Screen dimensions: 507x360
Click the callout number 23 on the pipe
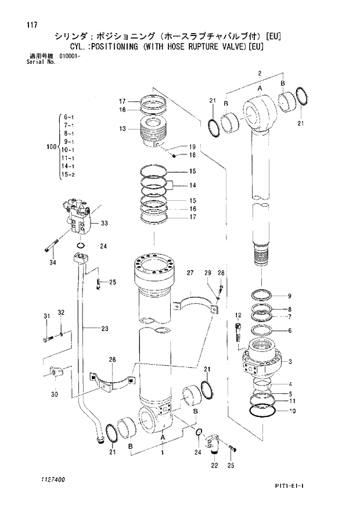pyautogui.click(x=105, y=329)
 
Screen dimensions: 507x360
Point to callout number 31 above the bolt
pyautogui.click(x=46, y=315)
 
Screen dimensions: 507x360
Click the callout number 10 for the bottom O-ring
pyautogui.click(x=292, y=411)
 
